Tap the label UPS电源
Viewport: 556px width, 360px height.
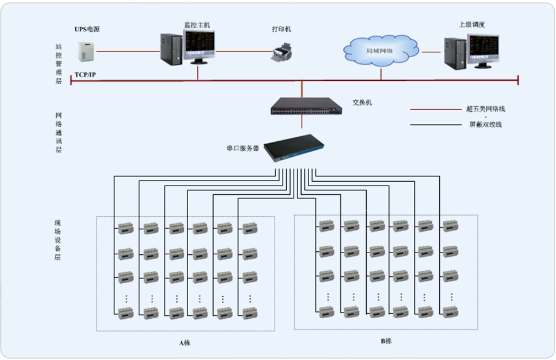[x=87, y=28]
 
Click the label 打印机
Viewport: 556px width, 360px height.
[x=281, y=29]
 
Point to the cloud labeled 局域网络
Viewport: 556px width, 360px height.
[x=380, y=51]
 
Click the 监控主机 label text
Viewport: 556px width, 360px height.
[x=197, y=25]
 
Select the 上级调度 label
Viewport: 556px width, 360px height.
[x=472, y=25]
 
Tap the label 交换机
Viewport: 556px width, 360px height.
[x=362, y=103]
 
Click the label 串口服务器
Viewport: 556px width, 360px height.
[x=243, y=148]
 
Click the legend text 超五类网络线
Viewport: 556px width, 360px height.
[x=485, y=109]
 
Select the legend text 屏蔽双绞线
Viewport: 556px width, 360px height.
[x=485, y=125]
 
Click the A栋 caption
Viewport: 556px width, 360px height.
[x=184, y=342]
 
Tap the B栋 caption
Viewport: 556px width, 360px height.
[x=386, y=341]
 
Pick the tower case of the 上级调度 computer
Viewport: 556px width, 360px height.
[x=455, y=53]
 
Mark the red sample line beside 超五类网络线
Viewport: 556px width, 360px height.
[x=435, y=110]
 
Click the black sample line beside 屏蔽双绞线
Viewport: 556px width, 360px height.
[x=435, y=125]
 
